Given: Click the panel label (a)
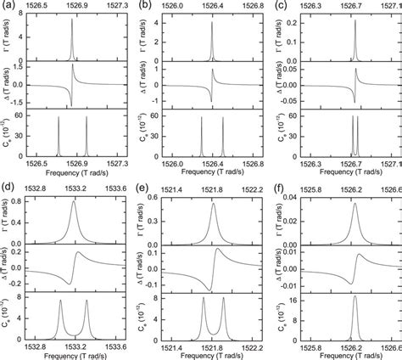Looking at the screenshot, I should click(x=7, y=6).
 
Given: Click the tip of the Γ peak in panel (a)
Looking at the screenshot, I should click(x=71, y=20).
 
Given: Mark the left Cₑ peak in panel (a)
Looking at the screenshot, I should click(x=59, y=117).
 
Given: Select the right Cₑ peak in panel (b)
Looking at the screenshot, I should click(x=221, y=117).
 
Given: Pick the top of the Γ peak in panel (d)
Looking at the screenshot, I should click(x=75, y=202).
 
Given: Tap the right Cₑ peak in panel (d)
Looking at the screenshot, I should click(x=87, y=299).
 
